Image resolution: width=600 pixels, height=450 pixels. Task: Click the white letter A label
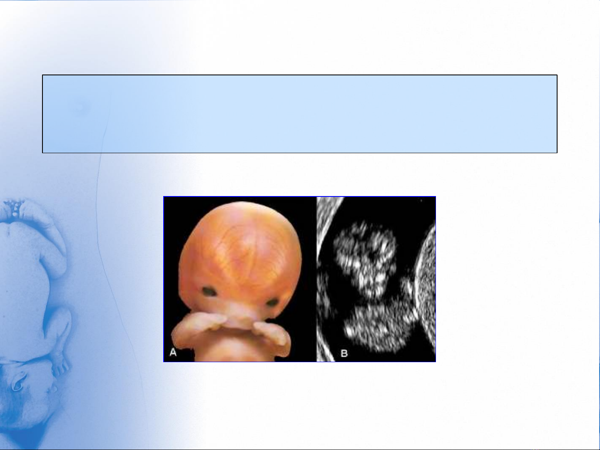coord(173,352)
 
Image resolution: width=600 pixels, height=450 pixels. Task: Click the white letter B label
coord(344,353)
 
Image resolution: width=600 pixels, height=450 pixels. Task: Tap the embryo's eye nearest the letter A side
coord(209,291)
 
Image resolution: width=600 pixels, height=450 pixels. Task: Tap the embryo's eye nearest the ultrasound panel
coord(272,303)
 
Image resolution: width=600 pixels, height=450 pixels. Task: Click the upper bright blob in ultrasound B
coord(365,260)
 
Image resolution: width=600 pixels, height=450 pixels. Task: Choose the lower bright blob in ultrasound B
coord(378,325)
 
